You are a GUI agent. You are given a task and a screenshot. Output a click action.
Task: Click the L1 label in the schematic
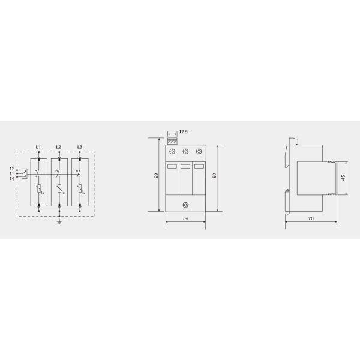coord(38,147)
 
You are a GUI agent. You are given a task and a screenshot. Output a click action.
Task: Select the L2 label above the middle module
coord(58,147)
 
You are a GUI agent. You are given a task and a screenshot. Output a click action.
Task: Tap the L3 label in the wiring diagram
coord(79,147)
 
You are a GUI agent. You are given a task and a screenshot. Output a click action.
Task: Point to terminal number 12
coord(11,169)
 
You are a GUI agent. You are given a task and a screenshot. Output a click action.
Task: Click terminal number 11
coord(11,174)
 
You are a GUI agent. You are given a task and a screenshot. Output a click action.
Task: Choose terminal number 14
coord(11,179)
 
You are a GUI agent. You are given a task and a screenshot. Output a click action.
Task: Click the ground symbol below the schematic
coord(59,221)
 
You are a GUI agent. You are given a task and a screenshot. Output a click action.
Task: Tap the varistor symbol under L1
coord(39,191)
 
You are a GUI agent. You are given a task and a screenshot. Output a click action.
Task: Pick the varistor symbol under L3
coord(79,191)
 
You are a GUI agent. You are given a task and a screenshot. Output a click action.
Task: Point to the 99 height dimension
coord(156,176)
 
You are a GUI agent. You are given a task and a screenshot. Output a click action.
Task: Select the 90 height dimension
coord(214,176)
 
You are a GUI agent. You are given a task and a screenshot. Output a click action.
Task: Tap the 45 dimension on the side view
coord(343,178)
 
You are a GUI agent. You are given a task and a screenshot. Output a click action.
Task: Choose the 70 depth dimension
coord(311,220)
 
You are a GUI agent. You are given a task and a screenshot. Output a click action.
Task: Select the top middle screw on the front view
coord(185,152)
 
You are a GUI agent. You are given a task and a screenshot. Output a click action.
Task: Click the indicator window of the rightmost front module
coord(199,166)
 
